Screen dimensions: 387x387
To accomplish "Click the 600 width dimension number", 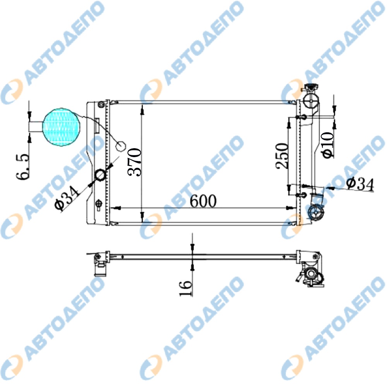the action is click(203, 201).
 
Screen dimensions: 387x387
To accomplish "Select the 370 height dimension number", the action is click(135, 162).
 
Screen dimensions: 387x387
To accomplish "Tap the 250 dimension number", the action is click(282, 156).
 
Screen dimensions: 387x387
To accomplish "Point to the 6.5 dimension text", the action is click(22, 167).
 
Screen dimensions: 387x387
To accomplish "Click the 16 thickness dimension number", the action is click(185, 288).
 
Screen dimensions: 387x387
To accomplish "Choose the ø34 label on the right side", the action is click(360, 184).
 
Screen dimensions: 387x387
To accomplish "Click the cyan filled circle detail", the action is click(62, 127).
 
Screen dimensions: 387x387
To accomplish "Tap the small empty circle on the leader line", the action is click(121, 146).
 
